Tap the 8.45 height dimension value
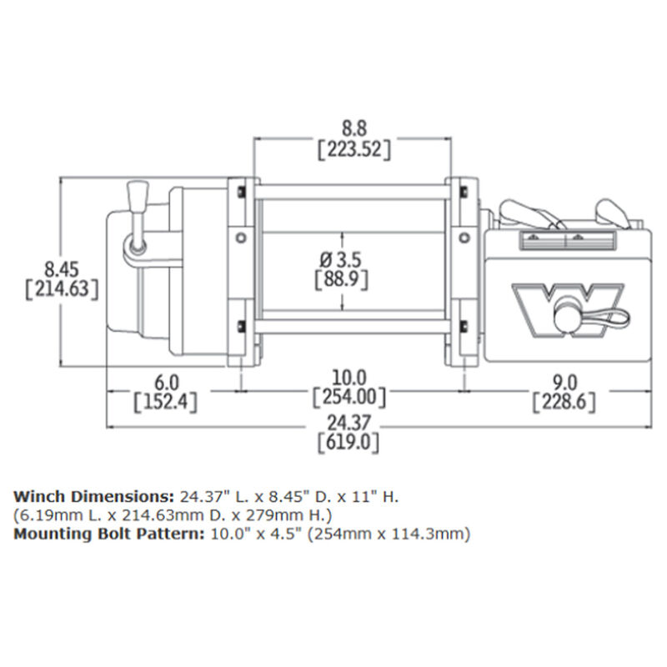point(62,269)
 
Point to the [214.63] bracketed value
point(63,289)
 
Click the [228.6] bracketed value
point(564,402)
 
